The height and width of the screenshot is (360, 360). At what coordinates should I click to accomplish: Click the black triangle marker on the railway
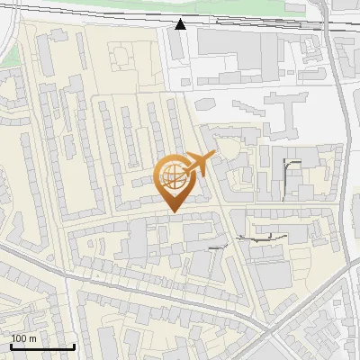[x=181, y=24]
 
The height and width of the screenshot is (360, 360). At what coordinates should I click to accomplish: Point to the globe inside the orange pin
[x=174, y=176]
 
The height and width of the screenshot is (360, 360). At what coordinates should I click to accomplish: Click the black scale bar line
[x=42, y=347]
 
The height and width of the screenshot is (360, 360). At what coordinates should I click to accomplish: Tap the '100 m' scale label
[x=24, y=338]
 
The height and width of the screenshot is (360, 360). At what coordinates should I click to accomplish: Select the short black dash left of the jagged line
[x=216, y=247]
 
